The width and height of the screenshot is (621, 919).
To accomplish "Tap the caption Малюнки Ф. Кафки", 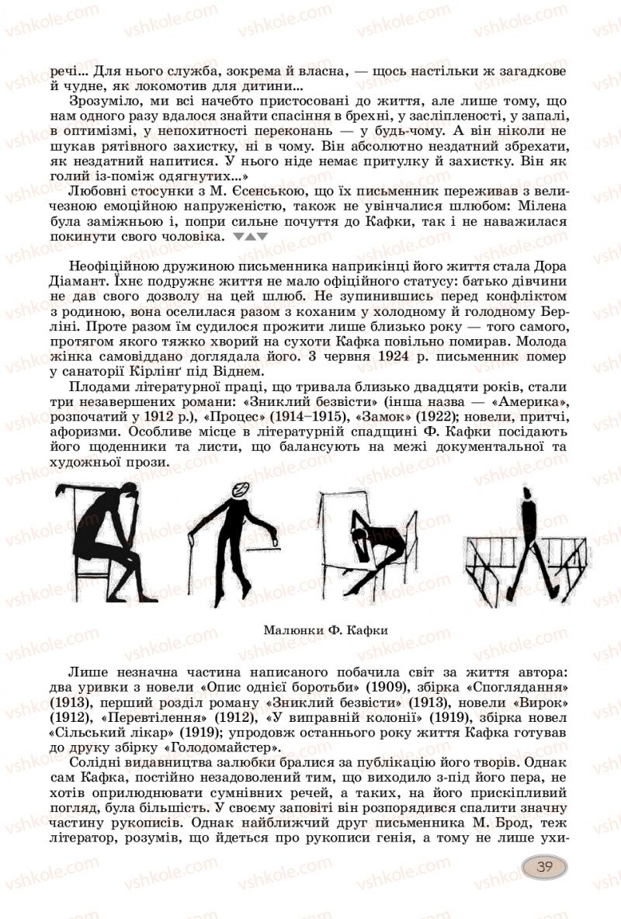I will tap(320, 629).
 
